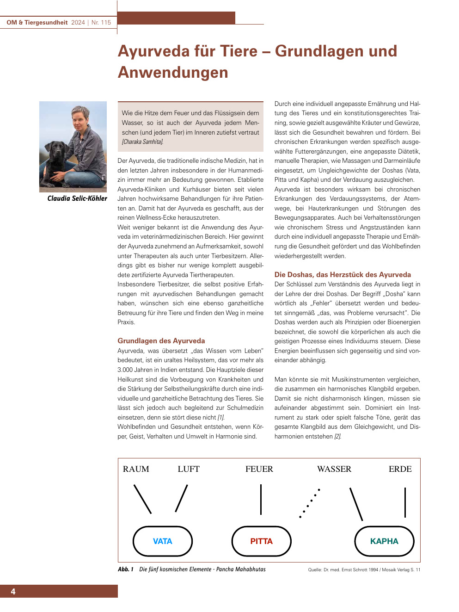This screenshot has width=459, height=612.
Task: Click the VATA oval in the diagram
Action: (162, 541)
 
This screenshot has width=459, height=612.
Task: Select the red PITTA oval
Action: (261, 541)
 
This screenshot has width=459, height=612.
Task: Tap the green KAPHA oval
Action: (384, 541)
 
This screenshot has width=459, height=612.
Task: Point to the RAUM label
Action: (136, 469)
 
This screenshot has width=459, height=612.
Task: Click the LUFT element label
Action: (189, 469)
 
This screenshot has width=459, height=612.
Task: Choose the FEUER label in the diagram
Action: (259, 469)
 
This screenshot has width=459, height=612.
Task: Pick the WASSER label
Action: (334, 469)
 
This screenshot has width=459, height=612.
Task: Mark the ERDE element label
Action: (400, 469)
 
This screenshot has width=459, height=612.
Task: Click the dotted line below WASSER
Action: (310, 503)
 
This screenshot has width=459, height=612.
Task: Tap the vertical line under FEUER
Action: (261, 499)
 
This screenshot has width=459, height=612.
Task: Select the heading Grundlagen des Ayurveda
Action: (161, 341)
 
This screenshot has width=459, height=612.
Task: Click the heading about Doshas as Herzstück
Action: (343, 275)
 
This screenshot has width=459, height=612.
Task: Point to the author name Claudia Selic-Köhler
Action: (77, 198)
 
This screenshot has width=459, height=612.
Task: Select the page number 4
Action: (13, 592)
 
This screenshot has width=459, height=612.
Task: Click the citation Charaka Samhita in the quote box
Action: (142, 142)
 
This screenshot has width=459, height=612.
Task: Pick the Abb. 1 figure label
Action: (125, 569)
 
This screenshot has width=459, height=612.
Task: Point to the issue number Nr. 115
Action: (101, 22)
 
